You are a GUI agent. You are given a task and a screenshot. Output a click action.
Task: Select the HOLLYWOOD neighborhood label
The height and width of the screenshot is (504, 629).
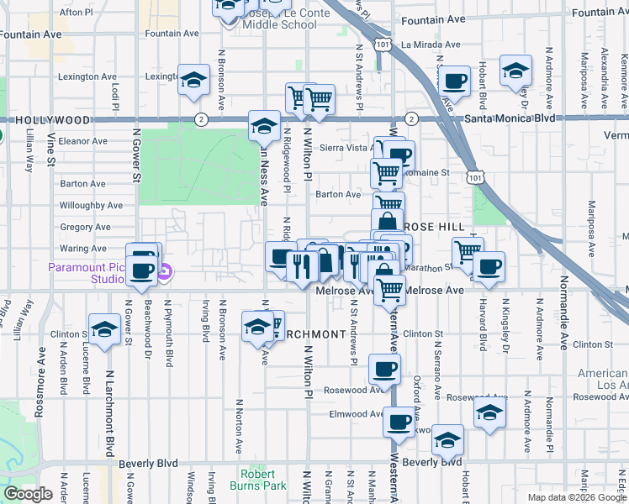[x=40, y=120]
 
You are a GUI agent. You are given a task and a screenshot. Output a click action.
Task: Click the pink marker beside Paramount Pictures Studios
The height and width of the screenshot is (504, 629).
[x=166, y=271]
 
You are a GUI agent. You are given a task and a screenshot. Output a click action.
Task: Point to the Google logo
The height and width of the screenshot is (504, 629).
[x=27, y=494]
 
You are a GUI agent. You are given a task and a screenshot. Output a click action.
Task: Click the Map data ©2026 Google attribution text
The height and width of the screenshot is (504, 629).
[x=577, y=497]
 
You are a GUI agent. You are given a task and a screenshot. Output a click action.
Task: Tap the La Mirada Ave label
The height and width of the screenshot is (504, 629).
[x=430, y=45]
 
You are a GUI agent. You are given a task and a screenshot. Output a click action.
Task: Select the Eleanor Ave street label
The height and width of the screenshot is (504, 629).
[x=83, y=141]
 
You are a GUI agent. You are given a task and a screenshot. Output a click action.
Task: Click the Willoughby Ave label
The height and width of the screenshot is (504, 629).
[x=91, y=205]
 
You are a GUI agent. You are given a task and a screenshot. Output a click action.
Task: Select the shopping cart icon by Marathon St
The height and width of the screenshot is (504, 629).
[x=467, y=249]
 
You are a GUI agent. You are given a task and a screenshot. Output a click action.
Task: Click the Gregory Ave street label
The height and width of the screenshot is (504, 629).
[x=85, y=227]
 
